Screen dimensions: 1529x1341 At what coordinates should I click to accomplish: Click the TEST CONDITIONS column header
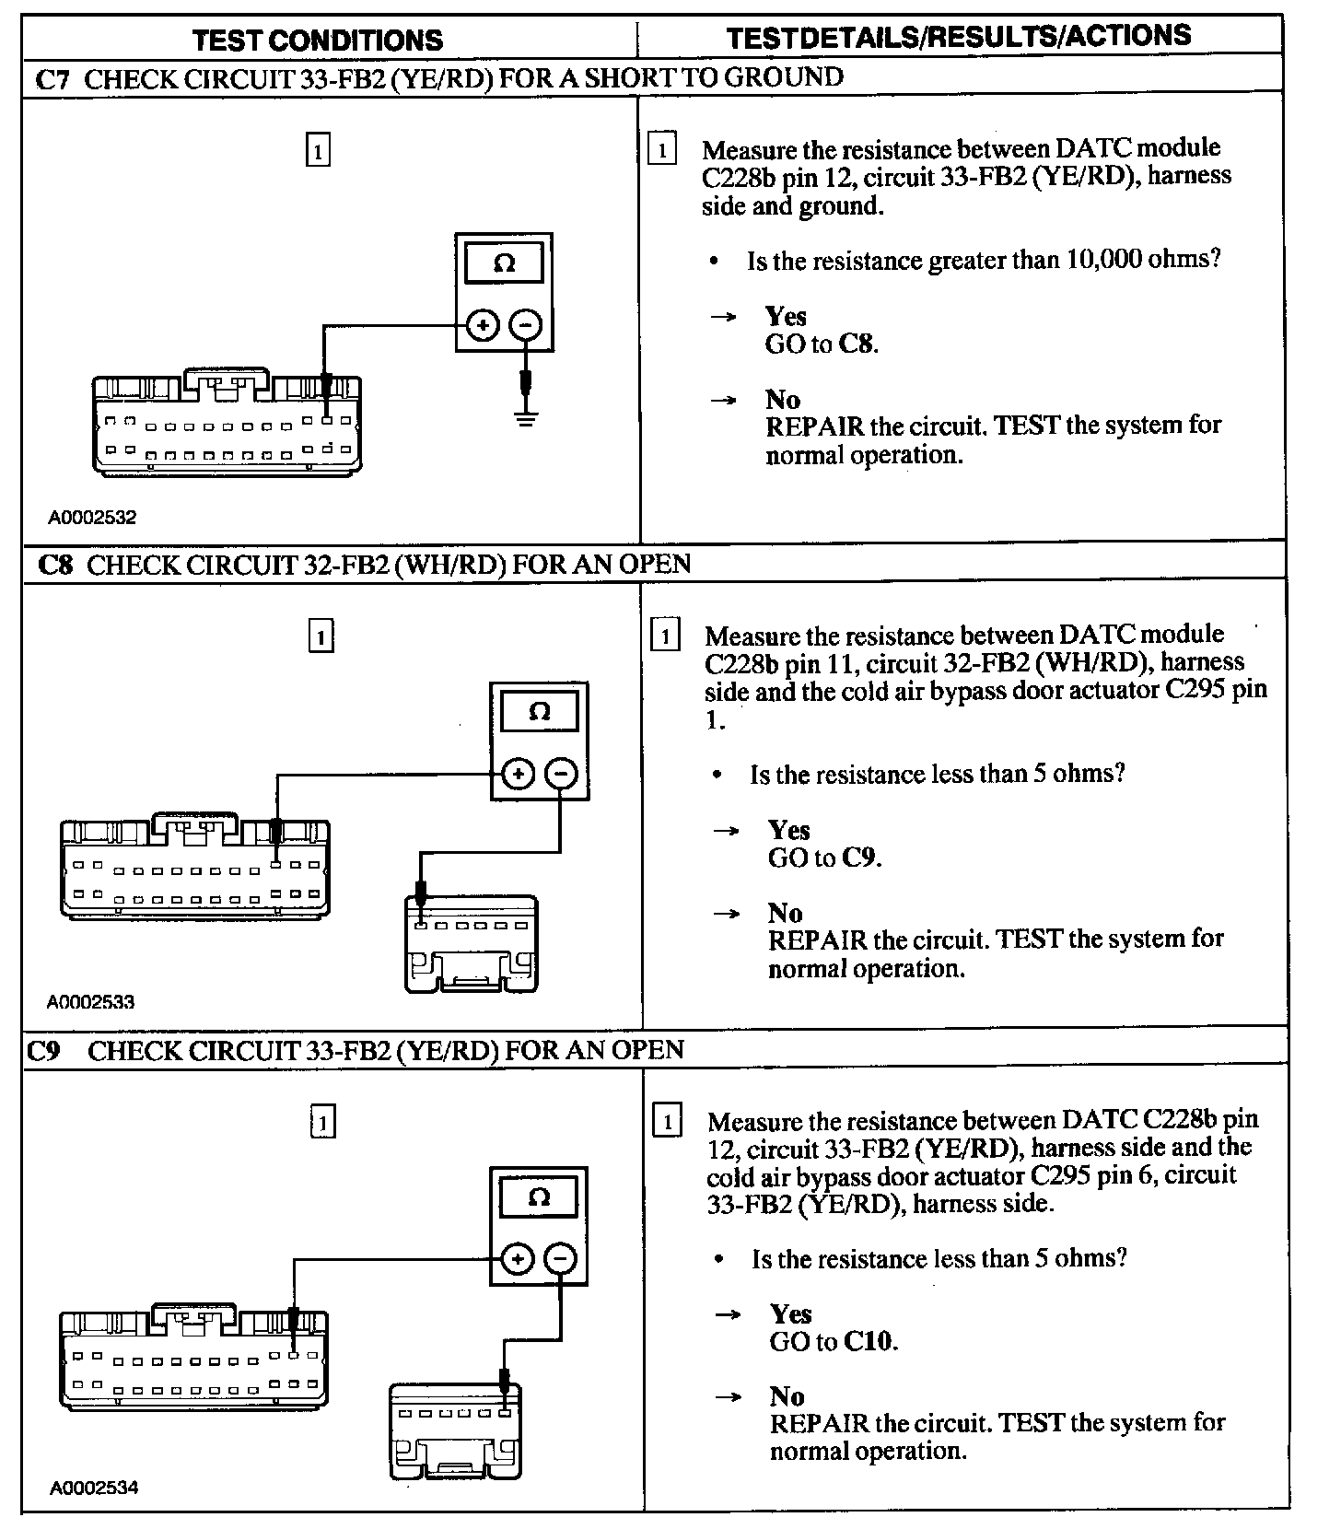click(x=318, y=40)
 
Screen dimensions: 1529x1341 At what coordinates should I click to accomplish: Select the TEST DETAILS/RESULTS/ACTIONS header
click(x=958, y=36)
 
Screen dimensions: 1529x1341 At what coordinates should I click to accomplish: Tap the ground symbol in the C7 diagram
click(x=525, y=419)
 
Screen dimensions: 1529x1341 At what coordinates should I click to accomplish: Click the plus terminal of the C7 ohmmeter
click(x=483, y=324)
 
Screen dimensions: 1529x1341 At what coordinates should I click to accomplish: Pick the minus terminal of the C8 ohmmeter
click(x=561, y=774)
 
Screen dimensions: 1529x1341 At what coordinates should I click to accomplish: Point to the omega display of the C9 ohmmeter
click(x=539, y=1197)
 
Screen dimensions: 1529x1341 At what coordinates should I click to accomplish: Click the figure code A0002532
click(x=92, y=518)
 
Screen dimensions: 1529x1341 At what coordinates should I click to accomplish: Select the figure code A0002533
click(x=91, y=1002)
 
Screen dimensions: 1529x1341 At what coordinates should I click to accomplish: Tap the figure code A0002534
click(x=93, y=1488)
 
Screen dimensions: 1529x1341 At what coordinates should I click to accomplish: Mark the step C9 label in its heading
click(x=43, y=1051)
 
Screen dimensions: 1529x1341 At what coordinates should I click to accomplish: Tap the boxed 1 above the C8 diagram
click(x=320, y=637)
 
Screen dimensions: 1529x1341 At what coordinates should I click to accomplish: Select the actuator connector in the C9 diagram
click(x=456, y=1430)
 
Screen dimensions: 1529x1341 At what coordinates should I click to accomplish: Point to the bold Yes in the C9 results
click(x=790, y=1313)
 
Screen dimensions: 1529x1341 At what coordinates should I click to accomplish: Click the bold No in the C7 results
click(x=782, y=399)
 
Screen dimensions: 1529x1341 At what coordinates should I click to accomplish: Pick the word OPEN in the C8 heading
click(x=655, y=564)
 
